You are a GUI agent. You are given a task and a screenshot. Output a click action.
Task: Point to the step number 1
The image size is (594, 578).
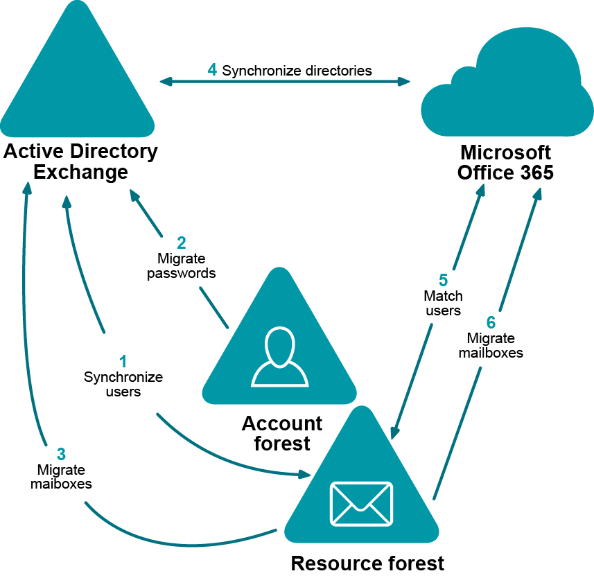point(123,362)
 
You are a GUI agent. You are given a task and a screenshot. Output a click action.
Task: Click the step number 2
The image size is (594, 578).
point(182,243)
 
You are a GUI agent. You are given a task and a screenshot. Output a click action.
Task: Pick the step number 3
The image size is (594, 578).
point(61,454)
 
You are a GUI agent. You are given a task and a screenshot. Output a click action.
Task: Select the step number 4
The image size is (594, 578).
point(212,70)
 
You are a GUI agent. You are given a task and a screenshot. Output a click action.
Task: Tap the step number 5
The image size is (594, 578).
point(443,281)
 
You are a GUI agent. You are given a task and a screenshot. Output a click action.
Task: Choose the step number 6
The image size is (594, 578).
point(491,323)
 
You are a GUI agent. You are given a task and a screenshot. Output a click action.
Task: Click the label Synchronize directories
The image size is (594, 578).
point(297,71)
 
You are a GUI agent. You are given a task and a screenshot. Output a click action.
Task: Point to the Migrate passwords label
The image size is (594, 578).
point(182,265)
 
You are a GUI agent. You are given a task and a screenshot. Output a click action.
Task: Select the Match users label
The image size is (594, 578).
point(443,304)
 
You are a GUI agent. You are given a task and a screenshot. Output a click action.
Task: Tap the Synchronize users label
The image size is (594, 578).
point(123,384)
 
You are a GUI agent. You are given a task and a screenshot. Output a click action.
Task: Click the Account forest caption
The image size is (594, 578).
point(281,432)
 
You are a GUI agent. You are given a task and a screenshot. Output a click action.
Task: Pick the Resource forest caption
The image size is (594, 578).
point(367,563)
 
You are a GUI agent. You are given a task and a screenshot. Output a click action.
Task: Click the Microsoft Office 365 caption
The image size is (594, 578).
point(505,162)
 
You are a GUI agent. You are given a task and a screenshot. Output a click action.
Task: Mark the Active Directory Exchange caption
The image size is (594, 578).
point(81,161)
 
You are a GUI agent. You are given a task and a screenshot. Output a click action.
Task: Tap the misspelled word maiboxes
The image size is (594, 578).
point(61,484)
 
